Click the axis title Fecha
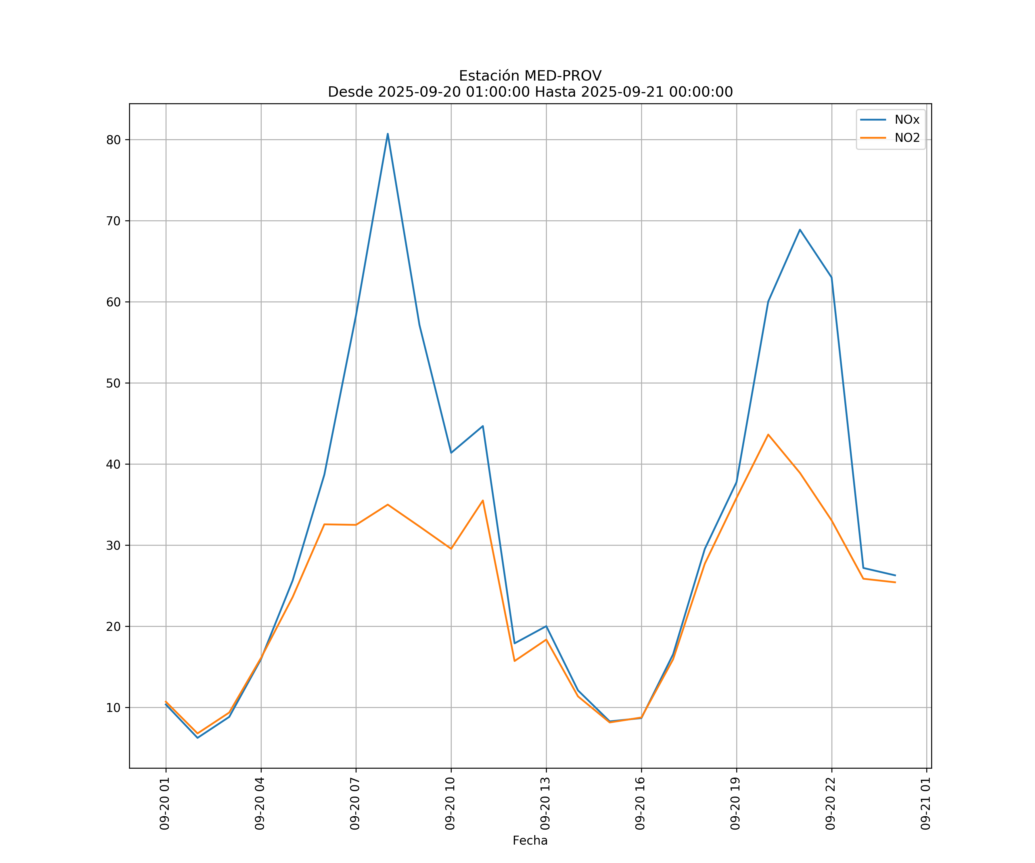coord(530,840)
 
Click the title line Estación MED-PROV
coord(530,76)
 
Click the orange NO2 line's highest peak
coord(768,434)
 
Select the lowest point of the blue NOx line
coord(198,738)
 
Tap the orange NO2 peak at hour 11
coord(482,501)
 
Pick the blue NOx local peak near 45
coord(482,425)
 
